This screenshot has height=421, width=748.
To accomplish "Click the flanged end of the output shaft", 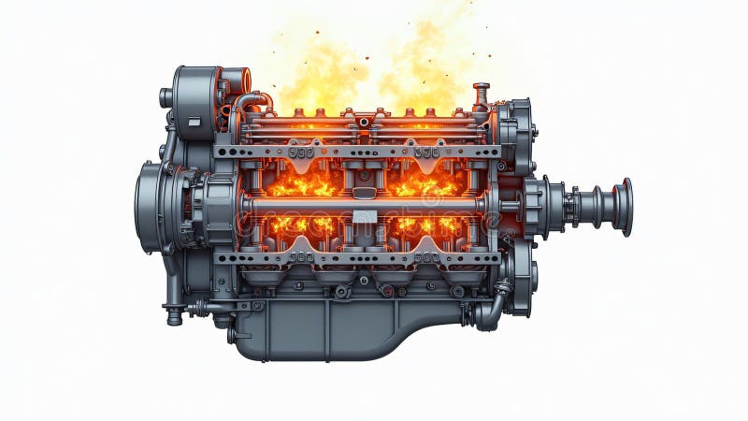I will pyautogui.click(x=624, y=207).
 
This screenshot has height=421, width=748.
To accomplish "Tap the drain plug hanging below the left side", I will pyautogui.click(x=174, y=316).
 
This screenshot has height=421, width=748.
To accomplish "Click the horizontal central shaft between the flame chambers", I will pyautogui.click(x=365, y=205).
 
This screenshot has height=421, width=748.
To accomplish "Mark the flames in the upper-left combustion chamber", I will pyautogui.click(x=301, y=183).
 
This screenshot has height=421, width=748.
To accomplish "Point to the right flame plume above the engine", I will pyautogui.click(x=425, y=65).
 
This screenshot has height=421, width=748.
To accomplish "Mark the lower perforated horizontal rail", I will pyautogui.click(x=355, y=257).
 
